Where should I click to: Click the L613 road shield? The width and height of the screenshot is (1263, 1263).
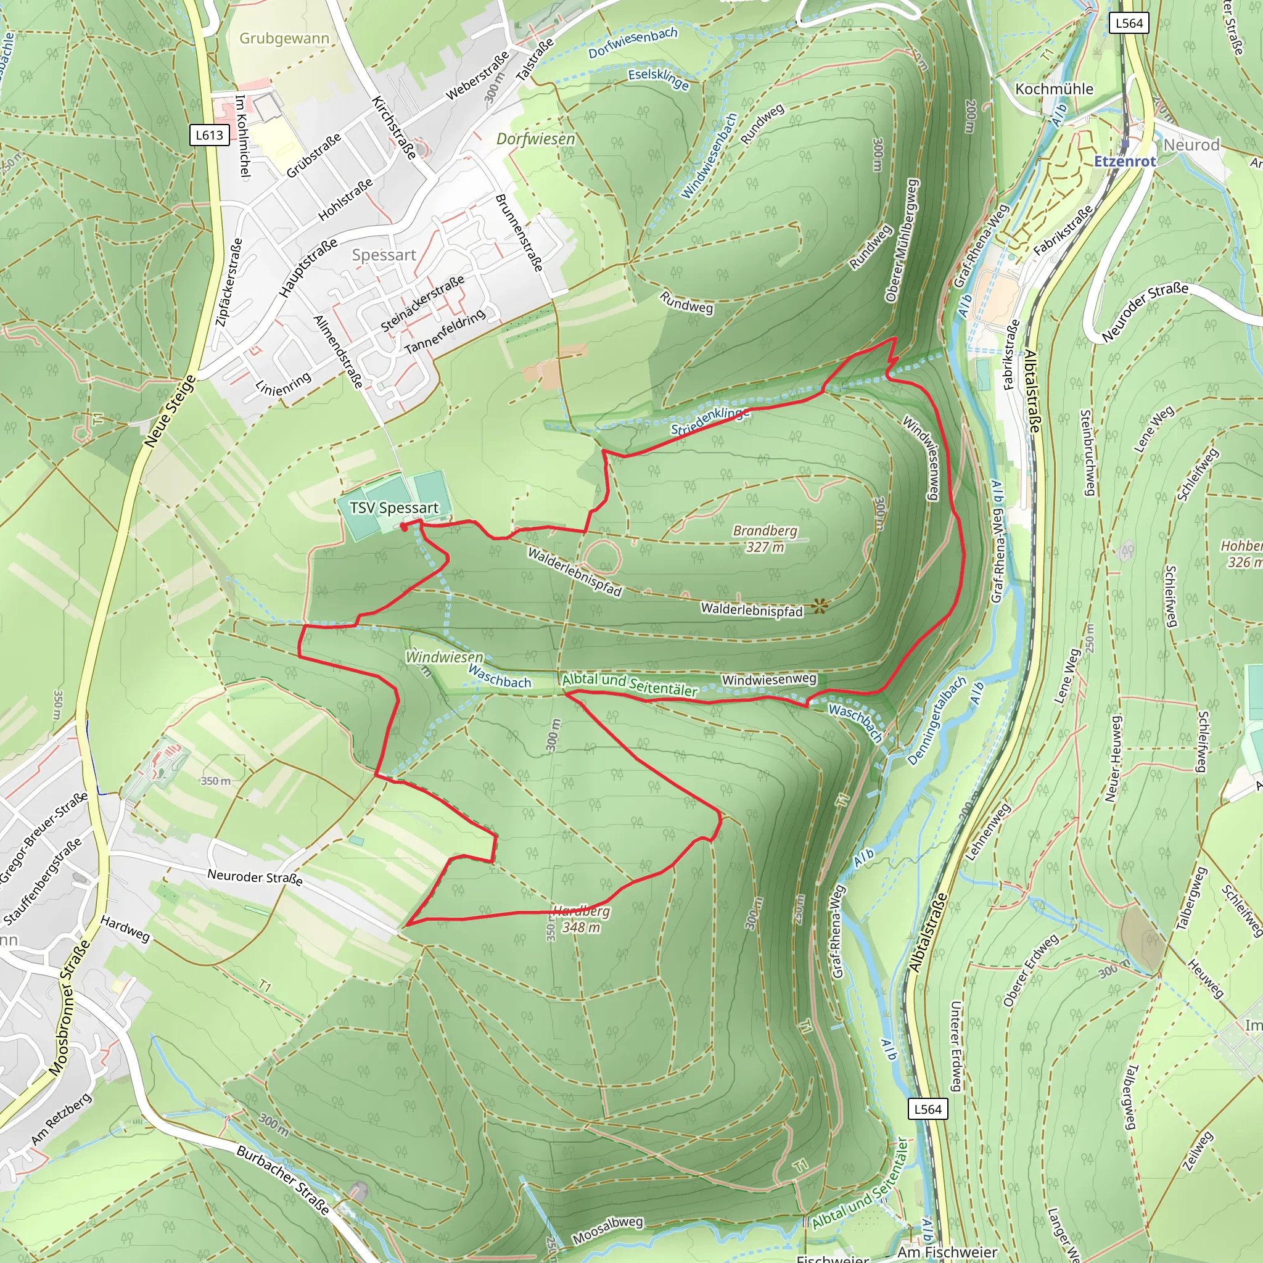click(209, 135)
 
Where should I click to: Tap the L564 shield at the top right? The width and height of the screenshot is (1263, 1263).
click(1129, 23)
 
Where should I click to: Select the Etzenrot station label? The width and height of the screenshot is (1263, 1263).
click(1125, 161)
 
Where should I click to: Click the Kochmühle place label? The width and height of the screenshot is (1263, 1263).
click(1054, 89)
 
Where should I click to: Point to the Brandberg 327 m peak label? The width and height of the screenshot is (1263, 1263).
click(765, 538)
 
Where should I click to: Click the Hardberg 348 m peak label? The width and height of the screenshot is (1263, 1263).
click(581, 919)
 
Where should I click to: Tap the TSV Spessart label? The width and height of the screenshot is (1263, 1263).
click(393, 508)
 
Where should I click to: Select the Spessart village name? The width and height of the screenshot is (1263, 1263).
click(384, 255)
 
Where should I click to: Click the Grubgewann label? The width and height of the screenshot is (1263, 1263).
click(284, 38)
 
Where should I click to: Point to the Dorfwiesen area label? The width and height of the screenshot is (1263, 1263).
click(535, 139)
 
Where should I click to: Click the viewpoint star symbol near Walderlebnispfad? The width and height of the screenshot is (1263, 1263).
click(819, 607)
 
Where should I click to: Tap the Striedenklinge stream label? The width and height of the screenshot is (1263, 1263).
click(710, 421)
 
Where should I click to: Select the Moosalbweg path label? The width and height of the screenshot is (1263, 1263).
click(607, 1230)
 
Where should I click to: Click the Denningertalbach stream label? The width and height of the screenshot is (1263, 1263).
click(937, 721)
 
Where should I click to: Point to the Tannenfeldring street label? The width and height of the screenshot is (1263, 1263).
click(445, 331)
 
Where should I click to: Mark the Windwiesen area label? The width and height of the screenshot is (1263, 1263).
click(445, 656)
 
